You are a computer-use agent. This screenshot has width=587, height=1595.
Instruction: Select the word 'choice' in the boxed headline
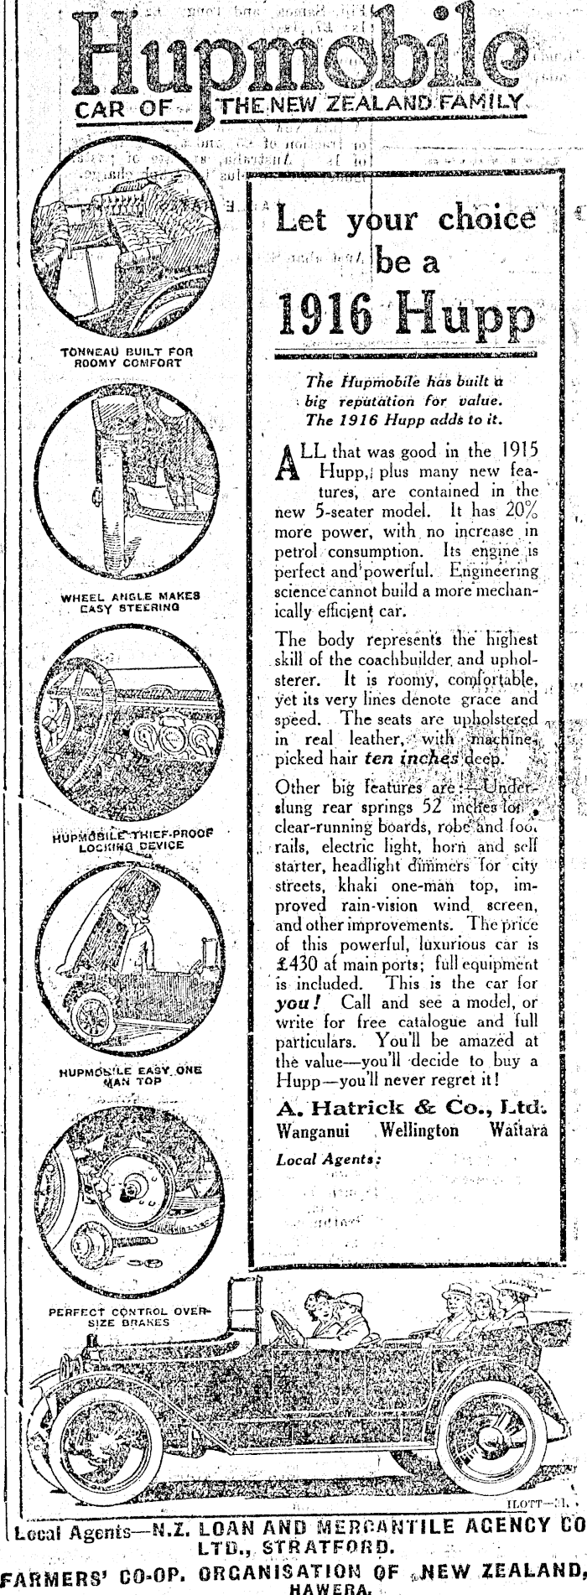click(x=486, y=220)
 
